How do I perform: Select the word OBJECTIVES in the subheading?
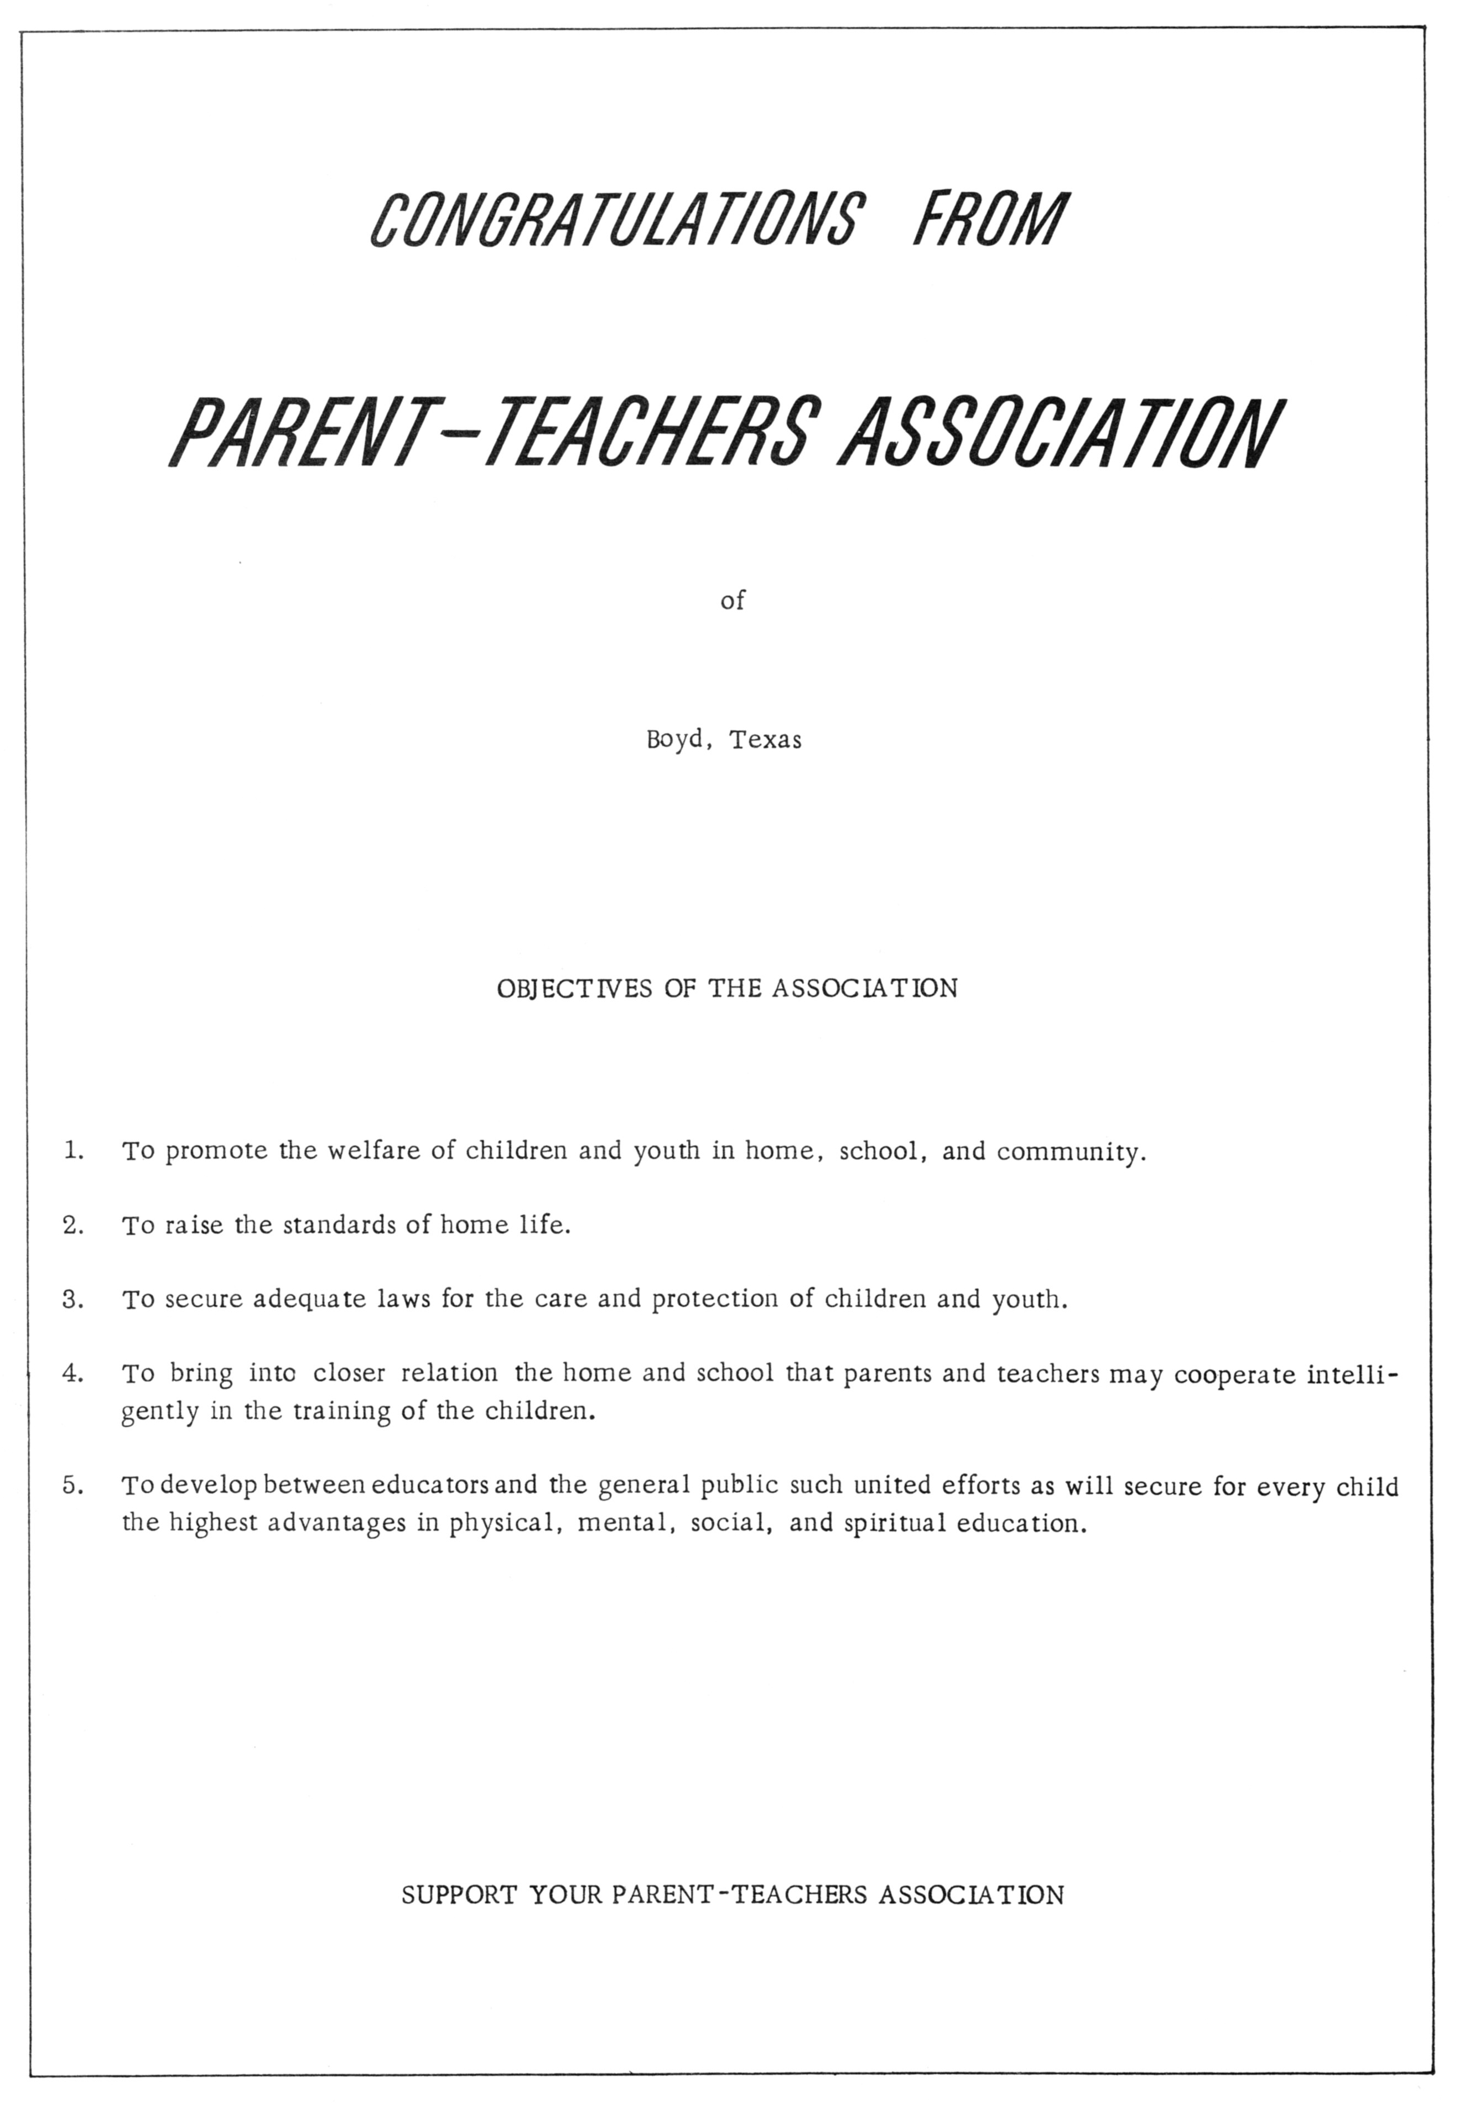[x=574, y=989]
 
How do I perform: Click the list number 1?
[x=73, y=1150]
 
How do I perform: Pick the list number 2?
[x=73, y=1224]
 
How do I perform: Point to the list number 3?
[x=73, y=1299]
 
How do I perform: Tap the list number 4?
[x=73, y=1374]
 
